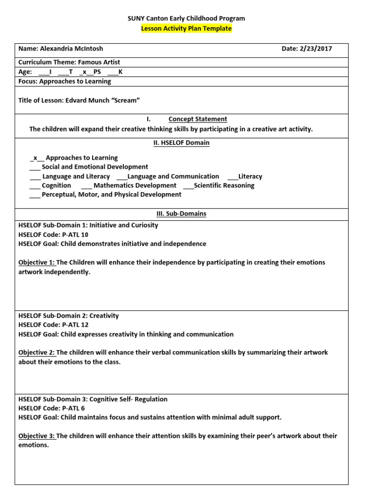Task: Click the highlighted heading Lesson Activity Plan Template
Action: click(x=186, y=29)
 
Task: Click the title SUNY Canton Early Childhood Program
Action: click(x=186, y=18)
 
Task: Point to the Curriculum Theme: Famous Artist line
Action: click(x=69, y=63)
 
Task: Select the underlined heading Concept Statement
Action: click(x=198, y=119)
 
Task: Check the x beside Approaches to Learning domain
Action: click(x=35, y=158)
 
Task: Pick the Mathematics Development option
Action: click(x=135, y=185)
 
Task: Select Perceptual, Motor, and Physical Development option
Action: click(x=111, y=195)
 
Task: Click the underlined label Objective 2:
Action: click(x=36, y=353)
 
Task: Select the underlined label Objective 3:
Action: click(x=36, y=436)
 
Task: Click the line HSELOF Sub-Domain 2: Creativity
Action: click(x=68, y=316)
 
